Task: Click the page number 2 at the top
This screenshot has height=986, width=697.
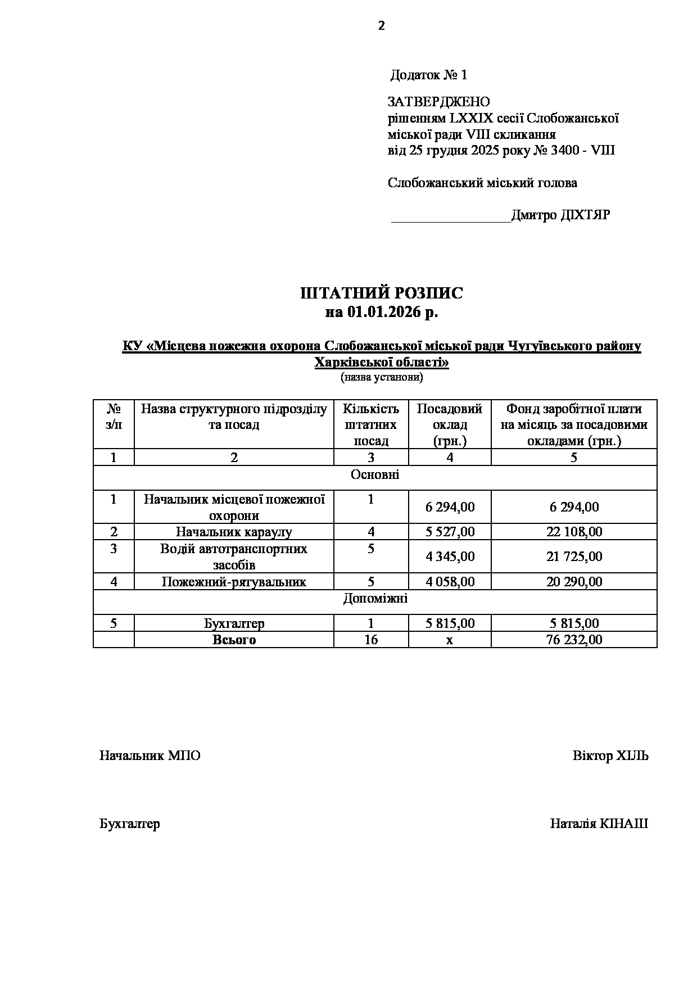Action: click(x=382, y=26)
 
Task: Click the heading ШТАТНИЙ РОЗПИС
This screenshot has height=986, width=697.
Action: click(x=382, y=293)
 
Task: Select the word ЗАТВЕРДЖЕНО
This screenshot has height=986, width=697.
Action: click(x=439, y=102)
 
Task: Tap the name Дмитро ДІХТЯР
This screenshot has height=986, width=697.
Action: click(x=560, y=215)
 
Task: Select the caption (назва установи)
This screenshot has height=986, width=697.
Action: click(x=382, y=377)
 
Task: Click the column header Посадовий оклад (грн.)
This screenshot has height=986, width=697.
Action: click(x=450, y=425)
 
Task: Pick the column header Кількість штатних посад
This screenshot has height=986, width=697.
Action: click(x=371, y=425)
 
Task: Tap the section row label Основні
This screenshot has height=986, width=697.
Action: click(x=375, y=475)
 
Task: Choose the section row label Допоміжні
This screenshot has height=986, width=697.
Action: click(x=375, y=599)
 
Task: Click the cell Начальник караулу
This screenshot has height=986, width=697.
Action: click(x=234, y=532)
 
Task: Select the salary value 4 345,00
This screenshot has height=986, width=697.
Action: click(x=450, y=557)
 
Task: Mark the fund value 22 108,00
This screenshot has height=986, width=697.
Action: click(x=574, y=532)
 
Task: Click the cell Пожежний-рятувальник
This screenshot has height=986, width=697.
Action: click(x=234, y=582)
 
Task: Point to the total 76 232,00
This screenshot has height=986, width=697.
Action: click(x=574, y=640)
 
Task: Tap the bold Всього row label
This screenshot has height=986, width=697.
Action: click(x=234, y=640)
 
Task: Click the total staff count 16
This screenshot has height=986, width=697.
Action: click(x=371, y=640)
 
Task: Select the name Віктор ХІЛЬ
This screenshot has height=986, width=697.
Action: click(x=610, y=756)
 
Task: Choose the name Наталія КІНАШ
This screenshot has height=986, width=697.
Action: click(x=599, y=824)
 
